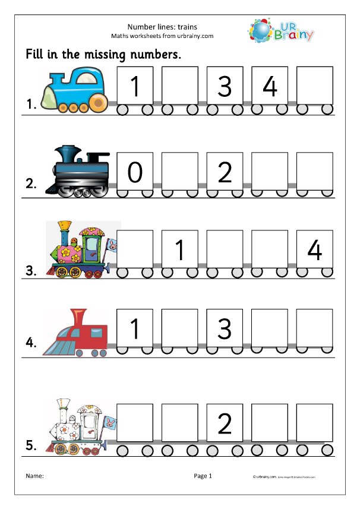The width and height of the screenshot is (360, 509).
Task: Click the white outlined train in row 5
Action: [80, 426]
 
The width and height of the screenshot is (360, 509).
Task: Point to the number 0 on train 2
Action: [135, 172]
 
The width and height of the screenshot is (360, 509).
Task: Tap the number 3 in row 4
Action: [225, 328]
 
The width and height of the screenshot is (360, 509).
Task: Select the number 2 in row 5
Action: [225, 423]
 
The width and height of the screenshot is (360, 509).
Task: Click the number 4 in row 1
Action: [270, 87]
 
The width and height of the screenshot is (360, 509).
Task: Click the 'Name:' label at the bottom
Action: [35, 476]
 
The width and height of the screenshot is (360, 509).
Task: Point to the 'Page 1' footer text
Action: [202, 476]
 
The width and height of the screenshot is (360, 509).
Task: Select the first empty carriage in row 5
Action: [135, 423]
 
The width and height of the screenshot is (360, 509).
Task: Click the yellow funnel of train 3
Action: [65, 226]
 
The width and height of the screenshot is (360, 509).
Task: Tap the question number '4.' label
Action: [31, 343]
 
